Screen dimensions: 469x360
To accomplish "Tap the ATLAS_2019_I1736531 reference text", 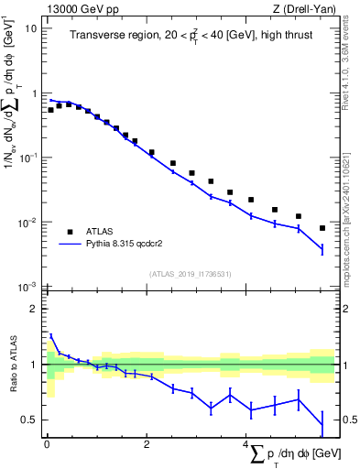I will tap(189, 274).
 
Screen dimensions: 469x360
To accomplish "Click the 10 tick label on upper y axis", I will tap(31, 27).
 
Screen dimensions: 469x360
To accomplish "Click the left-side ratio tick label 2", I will tap(34, 309).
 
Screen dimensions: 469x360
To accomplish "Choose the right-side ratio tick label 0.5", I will tap(347, 420).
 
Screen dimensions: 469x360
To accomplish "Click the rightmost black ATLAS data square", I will tap(322, 228).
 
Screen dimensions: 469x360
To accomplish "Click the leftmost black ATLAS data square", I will tap(51, 110).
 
